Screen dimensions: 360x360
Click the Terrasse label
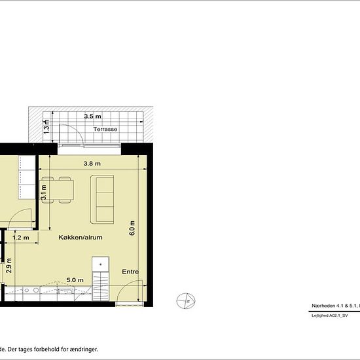105,130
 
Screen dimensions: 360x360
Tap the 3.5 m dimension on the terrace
93,117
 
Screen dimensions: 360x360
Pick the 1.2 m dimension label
21,238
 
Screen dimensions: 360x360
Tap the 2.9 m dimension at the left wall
9,267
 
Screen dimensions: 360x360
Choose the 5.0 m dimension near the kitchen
75,280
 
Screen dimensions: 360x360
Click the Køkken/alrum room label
81,238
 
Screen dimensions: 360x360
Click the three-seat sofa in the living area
105,198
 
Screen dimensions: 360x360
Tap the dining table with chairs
58,190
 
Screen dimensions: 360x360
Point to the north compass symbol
186,300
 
